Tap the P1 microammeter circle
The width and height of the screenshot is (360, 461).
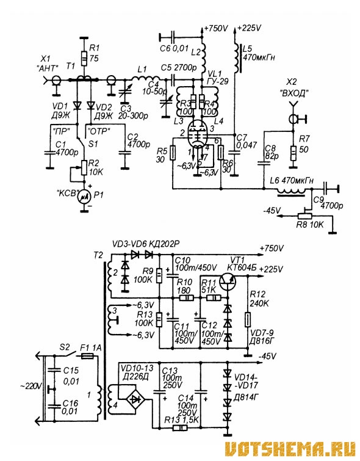coord(84,197)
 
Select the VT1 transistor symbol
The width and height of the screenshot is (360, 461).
coord(229,282)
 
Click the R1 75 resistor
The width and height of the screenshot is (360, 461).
coord(84,58)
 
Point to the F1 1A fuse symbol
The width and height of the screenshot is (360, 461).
coord(87,357)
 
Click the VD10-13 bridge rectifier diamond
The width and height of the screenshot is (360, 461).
coord(135,399)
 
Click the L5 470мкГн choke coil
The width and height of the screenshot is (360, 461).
coord(237,57)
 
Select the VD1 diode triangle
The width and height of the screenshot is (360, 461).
coord(77,105)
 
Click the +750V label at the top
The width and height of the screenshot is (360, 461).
coord(216,29)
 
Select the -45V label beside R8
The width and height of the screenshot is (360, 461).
coord(272,211)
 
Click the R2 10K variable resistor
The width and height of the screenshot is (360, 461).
coord(84,167)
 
